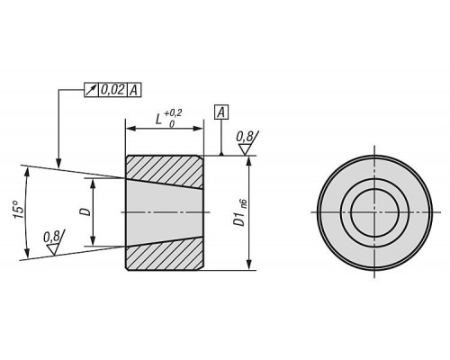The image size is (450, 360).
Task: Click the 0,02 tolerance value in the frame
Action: [x=112, y=90]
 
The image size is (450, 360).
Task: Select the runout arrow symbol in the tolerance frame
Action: [x=91, y=90]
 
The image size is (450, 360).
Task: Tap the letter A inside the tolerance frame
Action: [x=134, y=90]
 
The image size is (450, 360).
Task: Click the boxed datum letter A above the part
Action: [x=221, y=112]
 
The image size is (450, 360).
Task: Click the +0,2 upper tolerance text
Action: [x=173, y=113]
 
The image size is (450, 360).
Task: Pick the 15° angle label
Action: [x=19, y=209]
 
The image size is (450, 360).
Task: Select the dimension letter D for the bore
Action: [x=85, y=211]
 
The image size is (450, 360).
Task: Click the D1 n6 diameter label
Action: [x=241, y=212]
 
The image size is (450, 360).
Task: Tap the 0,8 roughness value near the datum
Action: [x=245, y=137]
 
